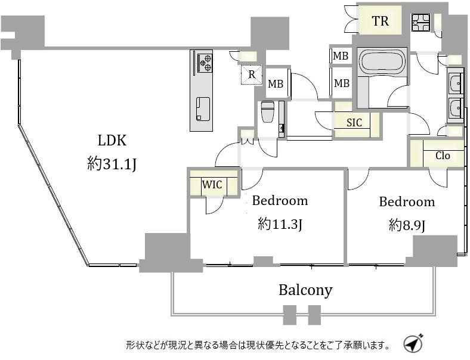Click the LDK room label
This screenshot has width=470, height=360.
tap(112, 140)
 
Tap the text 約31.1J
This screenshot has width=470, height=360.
tap(112, 164)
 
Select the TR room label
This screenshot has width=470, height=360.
tap(380, 21)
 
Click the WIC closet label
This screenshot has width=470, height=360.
tap(212, 185)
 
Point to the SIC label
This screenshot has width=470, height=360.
tap(354, 122)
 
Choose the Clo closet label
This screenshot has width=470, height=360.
tap(443, 156)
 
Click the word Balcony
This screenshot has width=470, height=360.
tap(305, 290)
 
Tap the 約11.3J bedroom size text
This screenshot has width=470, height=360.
tap(280, 224)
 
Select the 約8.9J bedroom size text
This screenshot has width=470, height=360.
tap(407, 225)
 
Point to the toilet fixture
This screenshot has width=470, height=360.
tap(267, 112)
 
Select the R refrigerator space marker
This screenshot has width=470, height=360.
tap(252, 75)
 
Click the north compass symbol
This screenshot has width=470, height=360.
tap(413, 343)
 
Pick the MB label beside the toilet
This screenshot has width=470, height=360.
tap(275, 84)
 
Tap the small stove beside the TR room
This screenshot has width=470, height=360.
tap(420, 22)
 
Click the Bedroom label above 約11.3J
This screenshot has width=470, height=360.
tap(280, 201)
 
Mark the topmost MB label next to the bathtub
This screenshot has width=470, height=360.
tap(341, 55)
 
